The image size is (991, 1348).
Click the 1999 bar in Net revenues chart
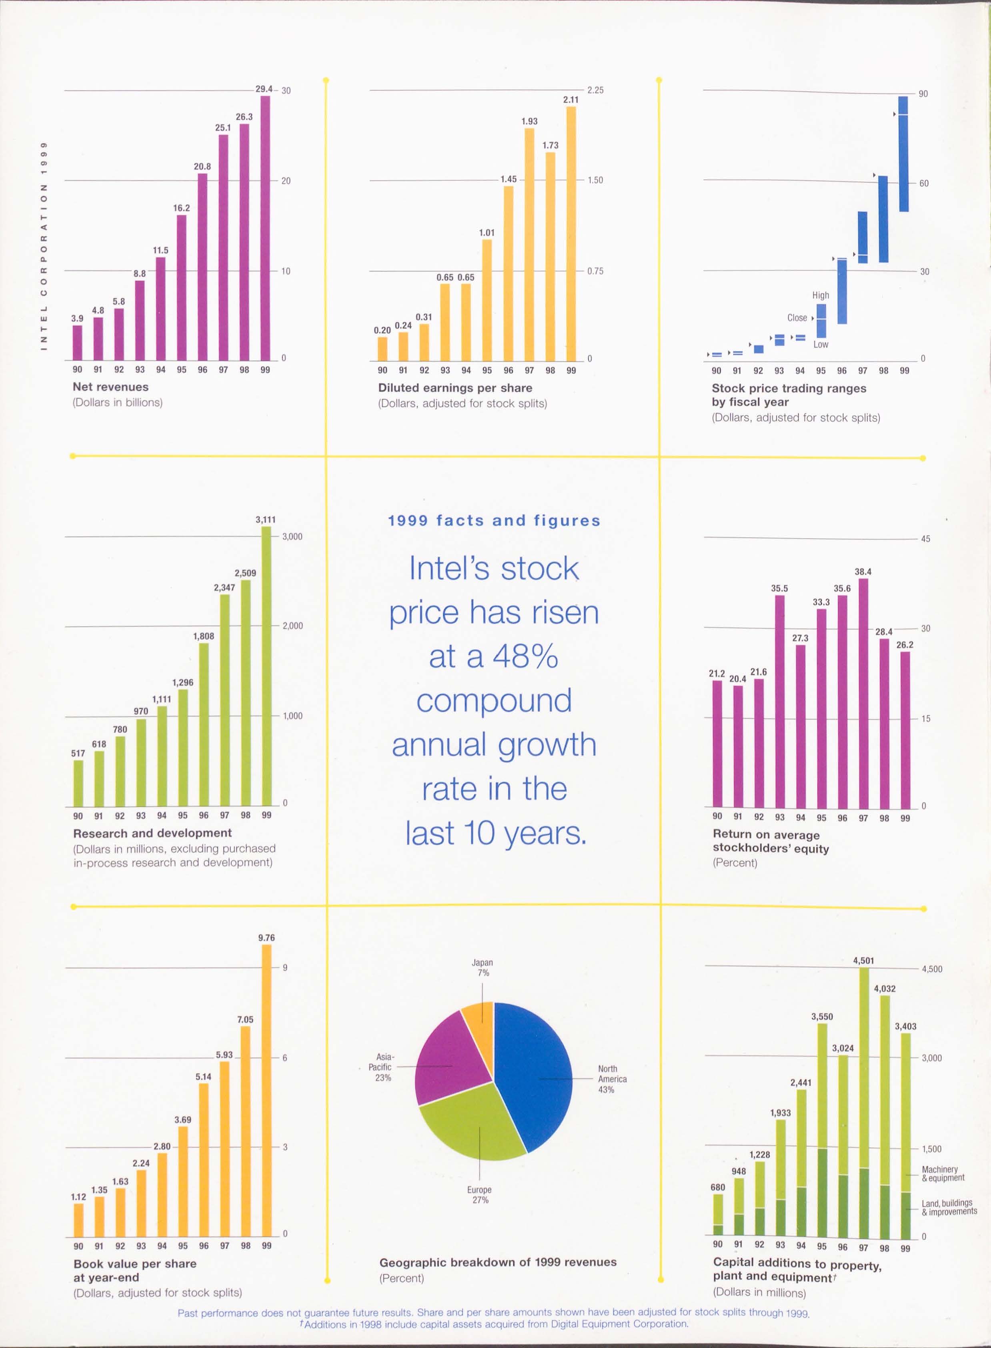pyautogui.click(x=265, y=228)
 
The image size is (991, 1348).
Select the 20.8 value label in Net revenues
pyautogui.click(x=202, y=166)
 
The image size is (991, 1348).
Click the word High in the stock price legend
pyautogui.click(x=821, y=295)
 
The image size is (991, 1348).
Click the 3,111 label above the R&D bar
pyautogui.click(x=266, y=520)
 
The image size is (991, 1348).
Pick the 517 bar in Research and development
pyautogui.click(x=78, y=783)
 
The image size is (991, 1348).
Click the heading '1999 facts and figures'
pyautogui.click(x=494, y=520)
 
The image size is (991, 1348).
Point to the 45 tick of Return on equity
pyautogui.click(x=926, y=539)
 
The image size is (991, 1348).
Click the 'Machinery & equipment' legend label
pyautogui.click(x=943, y=1173)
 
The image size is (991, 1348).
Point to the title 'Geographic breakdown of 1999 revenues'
pyautogui.click(x=497, y=1262)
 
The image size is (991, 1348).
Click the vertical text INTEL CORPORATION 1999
pyautogui.click(x=43, y=246)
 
